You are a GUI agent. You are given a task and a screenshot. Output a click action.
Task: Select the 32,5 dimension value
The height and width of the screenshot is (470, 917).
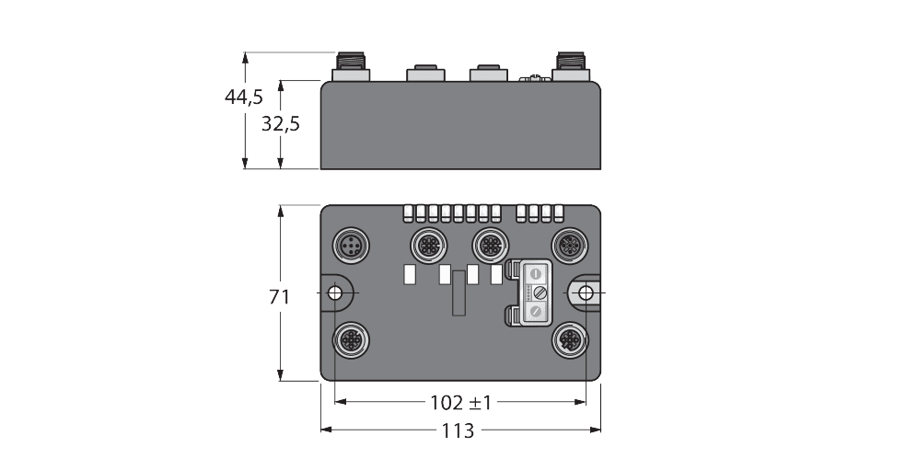coord(280,123)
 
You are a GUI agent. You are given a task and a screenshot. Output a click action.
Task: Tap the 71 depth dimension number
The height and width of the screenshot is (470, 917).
coord(279,297)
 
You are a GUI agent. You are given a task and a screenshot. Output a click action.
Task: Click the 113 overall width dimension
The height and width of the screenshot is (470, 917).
coord(458,430)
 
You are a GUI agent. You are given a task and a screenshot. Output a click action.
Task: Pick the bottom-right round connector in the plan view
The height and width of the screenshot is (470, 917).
coord(565,338)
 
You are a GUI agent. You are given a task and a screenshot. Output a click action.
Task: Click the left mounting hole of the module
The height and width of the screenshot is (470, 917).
coord(337,292)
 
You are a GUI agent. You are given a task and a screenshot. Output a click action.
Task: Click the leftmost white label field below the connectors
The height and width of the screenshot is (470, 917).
coord(412,273)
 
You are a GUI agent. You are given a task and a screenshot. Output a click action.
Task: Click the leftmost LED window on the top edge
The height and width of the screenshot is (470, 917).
coord(408,213)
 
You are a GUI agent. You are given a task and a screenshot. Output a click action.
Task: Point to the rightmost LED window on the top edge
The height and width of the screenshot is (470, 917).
coord(558,213)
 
